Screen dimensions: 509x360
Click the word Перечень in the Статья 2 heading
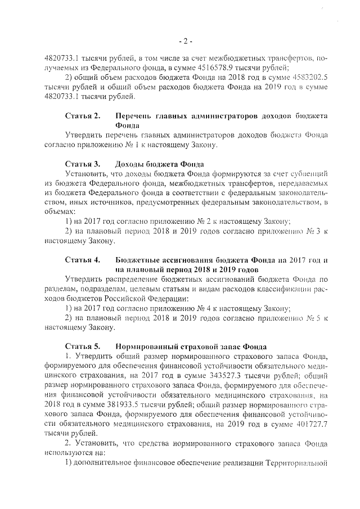point(134,116)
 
